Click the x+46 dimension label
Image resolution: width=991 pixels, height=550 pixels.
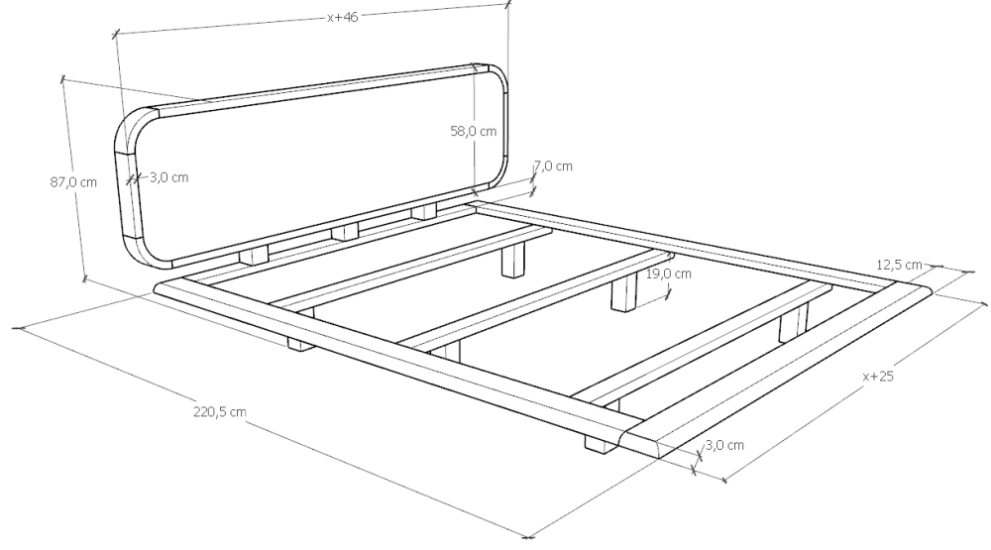coord(343,18)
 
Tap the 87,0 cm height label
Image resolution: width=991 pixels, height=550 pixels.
coord(73,182)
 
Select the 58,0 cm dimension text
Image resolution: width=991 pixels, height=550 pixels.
coord(474,132)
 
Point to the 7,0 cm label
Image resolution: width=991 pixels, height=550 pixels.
coord(554,166)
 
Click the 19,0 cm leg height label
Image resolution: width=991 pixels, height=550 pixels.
coord(668,275)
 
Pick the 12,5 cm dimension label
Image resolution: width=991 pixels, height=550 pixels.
coord(899,265)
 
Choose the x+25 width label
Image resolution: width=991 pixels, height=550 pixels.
coord(878,377)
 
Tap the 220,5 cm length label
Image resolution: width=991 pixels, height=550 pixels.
coord(220,412)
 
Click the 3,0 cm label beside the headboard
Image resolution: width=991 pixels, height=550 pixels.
coord(168,177)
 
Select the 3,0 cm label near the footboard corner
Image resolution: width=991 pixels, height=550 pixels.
coord(724,446)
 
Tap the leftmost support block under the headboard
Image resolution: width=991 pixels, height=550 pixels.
coord(254,255)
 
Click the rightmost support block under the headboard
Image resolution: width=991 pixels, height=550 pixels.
coord(423,212)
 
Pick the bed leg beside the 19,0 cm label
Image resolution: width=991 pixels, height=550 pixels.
coord(625,296)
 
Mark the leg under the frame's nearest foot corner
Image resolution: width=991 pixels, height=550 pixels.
coord(601,444)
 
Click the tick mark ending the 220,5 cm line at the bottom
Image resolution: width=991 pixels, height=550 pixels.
coord(528,538)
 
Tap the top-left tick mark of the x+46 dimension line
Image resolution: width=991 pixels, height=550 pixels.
coord(116,35)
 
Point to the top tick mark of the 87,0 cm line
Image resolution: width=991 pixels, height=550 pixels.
coord(61,79)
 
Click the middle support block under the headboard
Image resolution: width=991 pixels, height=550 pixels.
coord(345,231)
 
